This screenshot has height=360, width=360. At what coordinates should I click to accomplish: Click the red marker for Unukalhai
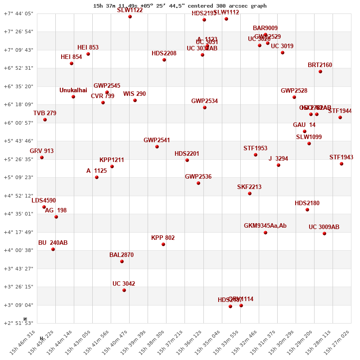[x=73, y=97]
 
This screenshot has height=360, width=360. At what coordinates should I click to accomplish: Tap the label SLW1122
[x=130, y=10]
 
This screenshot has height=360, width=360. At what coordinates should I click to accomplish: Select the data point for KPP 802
[x=163, y=244]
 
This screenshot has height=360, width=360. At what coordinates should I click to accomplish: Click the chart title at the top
[x=180, y=6]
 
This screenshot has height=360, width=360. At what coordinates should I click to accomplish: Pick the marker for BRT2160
[x=320, y=72]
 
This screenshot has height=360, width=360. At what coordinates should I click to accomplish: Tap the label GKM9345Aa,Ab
[x=265, y=226]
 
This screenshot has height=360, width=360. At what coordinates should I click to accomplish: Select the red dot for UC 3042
[x=124, y=290]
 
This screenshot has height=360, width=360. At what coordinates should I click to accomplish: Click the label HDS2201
[x=187, y=154]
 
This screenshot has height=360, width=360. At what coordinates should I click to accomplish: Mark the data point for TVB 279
[x=45, y=120]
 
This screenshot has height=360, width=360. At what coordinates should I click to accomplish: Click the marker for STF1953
[x=256, y=155]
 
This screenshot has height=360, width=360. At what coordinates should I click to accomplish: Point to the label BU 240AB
[x=53, y=243]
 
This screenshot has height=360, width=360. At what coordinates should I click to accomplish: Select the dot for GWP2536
[x=198, y=183]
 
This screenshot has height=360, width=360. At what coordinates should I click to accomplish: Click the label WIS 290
[x=135, y=94]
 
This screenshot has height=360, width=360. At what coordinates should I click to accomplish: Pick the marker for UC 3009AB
[x=324, y=234]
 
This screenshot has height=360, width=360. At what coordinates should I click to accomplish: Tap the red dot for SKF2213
[x=250, y=193]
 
